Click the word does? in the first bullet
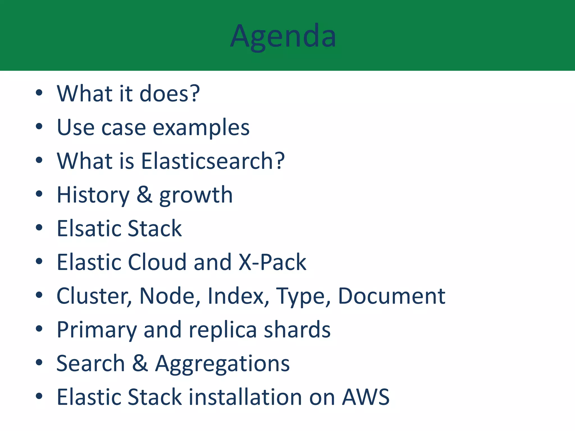(x=170, y=93)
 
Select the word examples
(x=201, y=128)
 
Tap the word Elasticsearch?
(x=213, y=161)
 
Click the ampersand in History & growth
(x=144, y=195)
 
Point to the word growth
(x=196, y=195)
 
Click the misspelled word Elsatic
(x=89, y=228)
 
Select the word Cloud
(x=157, y=262)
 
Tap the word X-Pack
(x=272, y=262)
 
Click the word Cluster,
(x=94, y=296)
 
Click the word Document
(x=391, y=296)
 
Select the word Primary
(x=97, y=330)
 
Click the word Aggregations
(x=222, y=364)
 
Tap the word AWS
(x=366, y=397)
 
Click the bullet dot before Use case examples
(x=39, y=127)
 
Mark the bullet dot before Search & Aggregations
(x=39, y=362)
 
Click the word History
(x=93, y=195)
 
